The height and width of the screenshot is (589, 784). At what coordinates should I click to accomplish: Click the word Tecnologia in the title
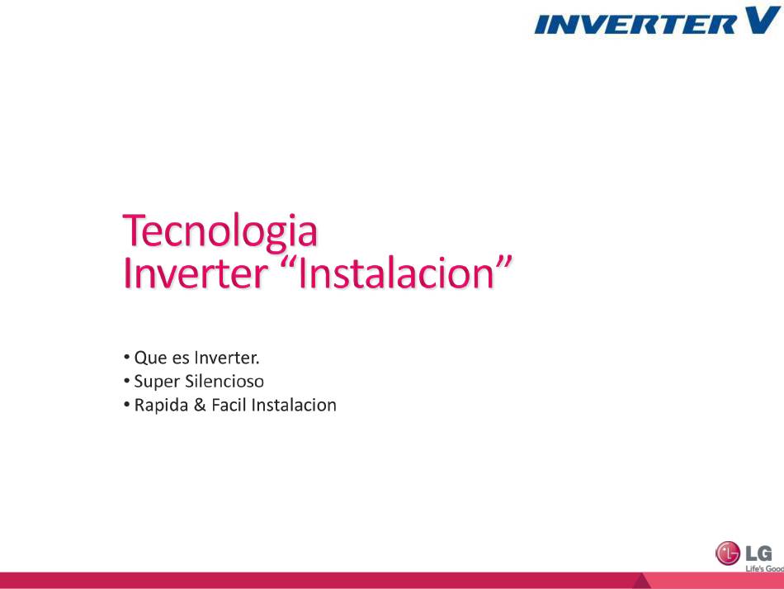pyautogui.click(x=220, y=231)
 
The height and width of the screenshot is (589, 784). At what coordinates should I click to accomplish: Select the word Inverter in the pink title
pyautogui.click(x=195, y=273)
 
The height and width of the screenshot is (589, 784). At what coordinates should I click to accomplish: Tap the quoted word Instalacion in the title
pyautogui.click(x=396, y=273)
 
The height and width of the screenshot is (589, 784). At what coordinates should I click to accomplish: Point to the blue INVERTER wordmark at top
pyautogui.click(x=635, y=24)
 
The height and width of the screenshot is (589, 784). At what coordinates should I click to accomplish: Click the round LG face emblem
pyautogui.click(x=728, y=553)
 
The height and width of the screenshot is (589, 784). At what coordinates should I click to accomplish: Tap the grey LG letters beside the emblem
pyautogui.click(x=758, y=553)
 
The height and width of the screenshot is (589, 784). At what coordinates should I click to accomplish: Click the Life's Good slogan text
pyautogui.click(x=764, y=568)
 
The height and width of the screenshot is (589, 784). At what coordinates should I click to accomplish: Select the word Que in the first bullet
pyautogui.click(x=150, y=359)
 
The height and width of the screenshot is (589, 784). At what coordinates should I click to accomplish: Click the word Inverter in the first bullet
pyautogui.click(x=227, y=358)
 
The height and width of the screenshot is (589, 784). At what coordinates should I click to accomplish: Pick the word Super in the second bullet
pyautogui.click(x=157, y=382)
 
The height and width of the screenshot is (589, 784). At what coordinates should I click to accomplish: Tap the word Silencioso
pyautogui.click(x=224, y=382)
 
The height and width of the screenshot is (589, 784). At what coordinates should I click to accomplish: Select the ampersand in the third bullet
pyautogui.click(x=200, y=405)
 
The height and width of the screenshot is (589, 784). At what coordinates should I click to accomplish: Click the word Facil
pyautogui.click(x=229, y=405)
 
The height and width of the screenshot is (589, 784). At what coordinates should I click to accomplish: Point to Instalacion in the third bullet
pyautogui.click(x=294, y=405)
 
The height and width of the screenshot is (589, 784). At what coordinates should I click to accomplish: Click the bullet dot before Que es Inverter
pyautogui.click(x=126, y=358)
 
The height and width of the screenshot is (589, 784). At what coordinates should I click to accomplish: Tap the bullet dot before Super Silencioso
pyautogui.click(x=126, y=381)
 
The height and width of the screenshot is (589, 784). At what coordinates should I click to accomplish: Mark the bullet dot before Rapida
pyautogui.click(x=126, y=404)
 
